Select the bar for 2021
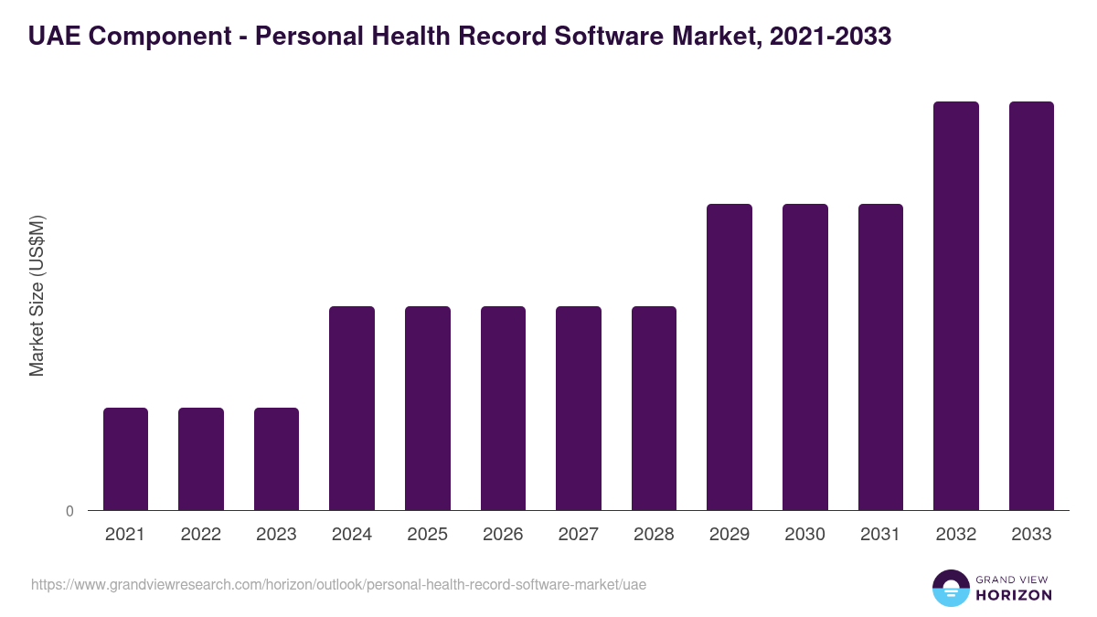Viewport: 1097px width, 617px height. coord(125,459)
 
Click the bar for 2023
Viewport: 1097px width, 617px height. coord(276,459)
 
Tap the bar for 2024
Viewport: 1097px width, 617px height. coord(352,408)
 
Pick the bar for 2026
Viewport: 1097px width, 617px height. coord(503,408)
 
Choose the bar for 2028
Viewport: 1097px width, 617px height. coord(654,408)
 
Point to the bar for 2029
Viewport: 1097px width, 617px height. coord(730,356)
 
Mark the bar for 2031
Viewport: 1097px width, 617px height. coord(880,356)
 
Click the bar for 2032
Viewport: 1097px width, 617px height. coord(956,305)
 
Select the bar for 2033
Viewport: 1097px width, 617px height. coord(1031,305)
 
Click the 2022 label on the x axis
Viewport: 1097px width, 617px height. coord(201,535)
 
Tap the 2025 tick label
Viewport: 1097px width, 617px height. coord(428,535)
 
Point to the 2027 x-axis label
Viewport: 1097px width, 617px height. coord(579,535)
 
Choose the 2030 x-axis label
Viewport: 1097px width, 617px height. coord(805,535)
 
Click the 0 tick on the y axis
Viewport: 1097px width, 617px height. coord(69,511)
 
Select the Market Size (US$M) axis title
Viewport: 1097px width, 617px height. coord(37,296)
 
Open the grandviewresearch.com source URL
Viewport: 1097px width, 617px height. coord(338,584)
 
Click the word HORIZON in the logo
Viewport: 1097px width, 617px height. coord(1013,595)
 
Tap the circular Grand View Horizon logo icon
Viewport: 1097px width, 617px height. coord(951,588)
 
